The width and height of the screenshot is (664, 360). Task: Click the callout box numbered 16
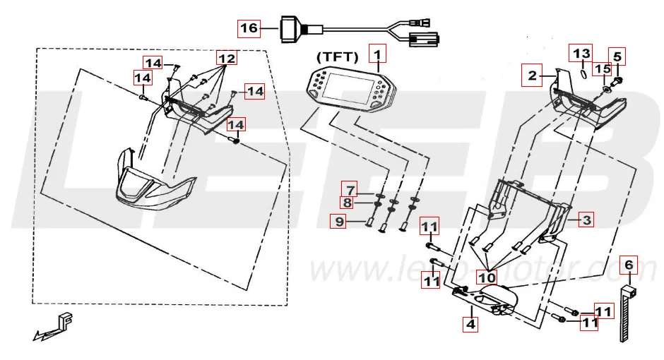(249, 28)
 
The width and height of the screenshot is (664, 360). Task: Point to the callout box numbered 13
(581, 54)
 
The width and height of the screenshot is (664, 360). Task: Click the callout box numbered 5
(617, 56)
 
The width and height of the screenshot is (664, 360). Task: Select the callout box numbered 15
(601, 69)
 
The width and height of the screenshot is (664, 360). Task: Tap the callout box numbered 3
(586, 220)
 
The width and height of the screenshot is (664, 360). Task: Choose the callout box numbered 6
(629, 266)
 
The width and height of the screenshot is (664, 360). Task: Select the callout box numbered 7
(349, 189)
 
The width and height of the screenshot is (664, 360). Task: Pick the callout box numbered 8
(349, 203)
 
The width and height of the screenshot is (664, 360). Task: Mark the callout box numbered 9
(340, 222)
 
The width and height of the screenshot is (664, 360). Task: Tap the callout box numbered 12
(226, 57)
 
